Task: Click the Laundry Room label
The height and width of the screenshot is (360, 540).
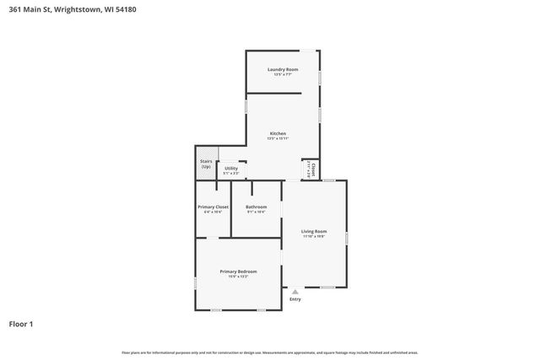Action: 283,69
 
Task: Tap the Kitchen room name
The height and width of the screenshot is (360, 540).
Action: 278,133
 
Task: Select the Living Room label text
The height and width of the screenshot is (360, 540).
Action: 314,231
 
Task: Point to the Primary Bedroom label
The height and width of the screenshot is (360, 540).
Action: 238,271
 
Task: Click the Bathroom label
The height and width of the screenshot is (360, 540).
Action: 256,207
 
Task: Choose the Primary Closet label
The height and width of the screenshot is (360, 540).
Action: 213,207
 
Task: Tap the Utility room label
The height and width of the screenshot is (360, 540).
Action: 230,168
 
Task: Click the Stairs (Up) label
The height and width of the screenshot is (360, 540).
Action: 206,164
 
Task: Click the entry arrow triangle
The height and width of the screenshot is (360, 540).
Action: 294,292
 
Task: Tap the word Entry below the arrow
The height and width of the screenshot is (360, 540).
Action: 294,299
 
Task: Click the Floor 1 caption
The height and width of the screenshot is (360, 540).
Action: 21,323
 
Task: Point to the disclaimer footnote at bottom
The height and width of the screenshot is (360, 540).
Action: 270,352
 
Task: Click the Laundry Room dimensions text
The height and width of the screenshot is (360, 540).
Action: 283,75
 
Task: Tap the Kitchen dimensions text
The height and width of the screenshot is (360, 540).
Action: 278,139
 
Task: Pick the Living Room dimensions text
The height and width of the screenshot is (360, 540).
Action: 314,237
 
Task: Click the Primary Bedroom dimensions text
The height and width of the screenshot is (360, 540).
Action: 238,277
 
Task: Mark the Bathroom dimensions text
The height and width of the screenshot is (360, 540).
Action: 256,212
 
